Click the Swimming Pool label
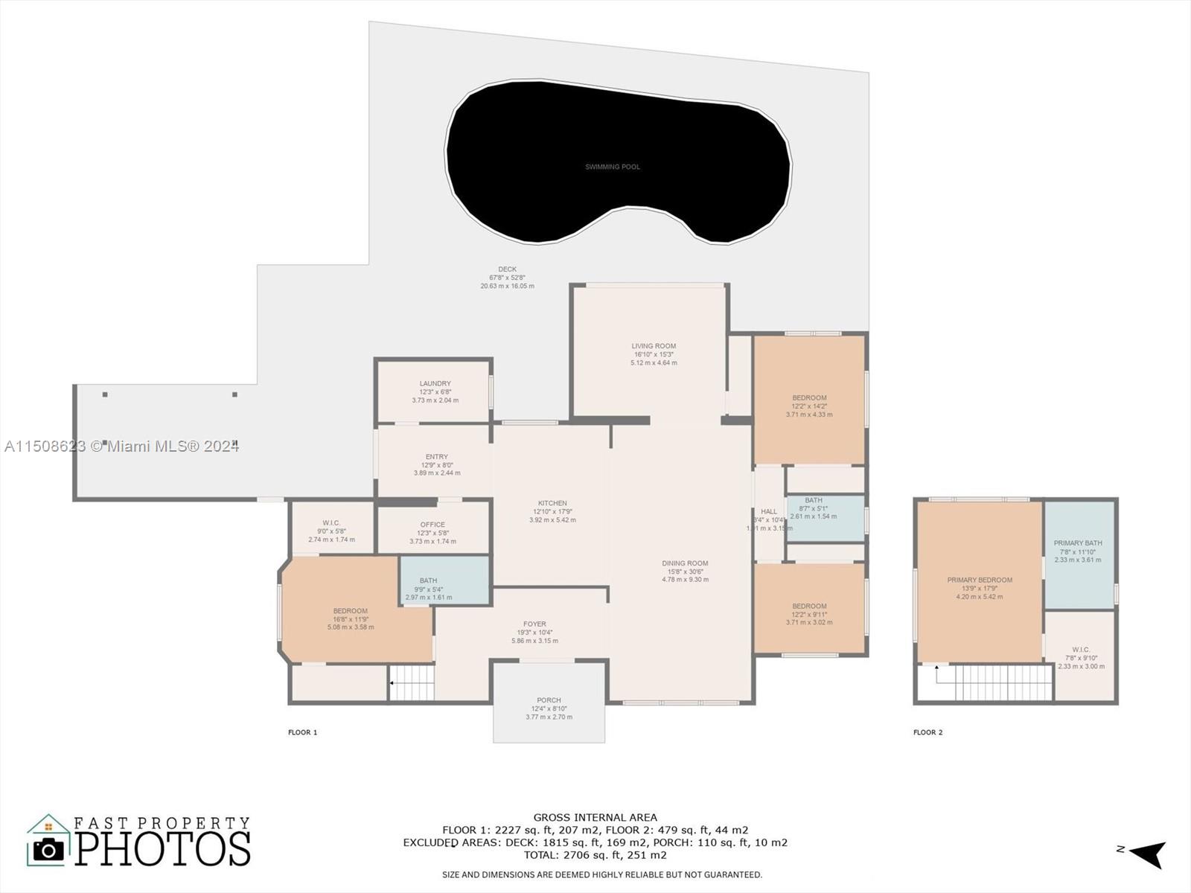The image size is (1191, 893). point(612,167)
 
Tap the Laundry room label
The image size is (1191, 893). point(435,384)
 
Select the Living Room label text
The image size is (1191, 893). point(654,346)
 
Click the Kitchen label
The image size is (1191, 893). point(552,504)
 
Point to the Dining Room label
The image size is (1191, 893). point(685,564)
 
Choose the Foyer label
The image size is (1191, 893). point(534,624)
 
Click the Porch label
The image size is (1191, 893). point(549,700)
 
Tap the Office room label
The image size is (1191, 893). point(432,525)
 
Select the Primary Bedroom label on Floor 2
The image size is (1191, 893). point(980,580)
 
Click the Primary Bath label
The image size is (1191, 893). point(1078,543)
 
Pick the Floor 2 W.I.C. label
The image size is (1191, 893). point(1081,650)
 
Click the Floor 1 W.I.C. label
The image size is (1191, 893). point(331,523)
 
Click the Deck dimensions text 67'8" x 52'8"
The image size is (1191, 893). point(507,278)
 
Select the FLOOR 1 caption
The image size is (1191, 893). point(302,732)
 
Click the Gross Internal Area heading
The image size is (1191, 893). point(595,817)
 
